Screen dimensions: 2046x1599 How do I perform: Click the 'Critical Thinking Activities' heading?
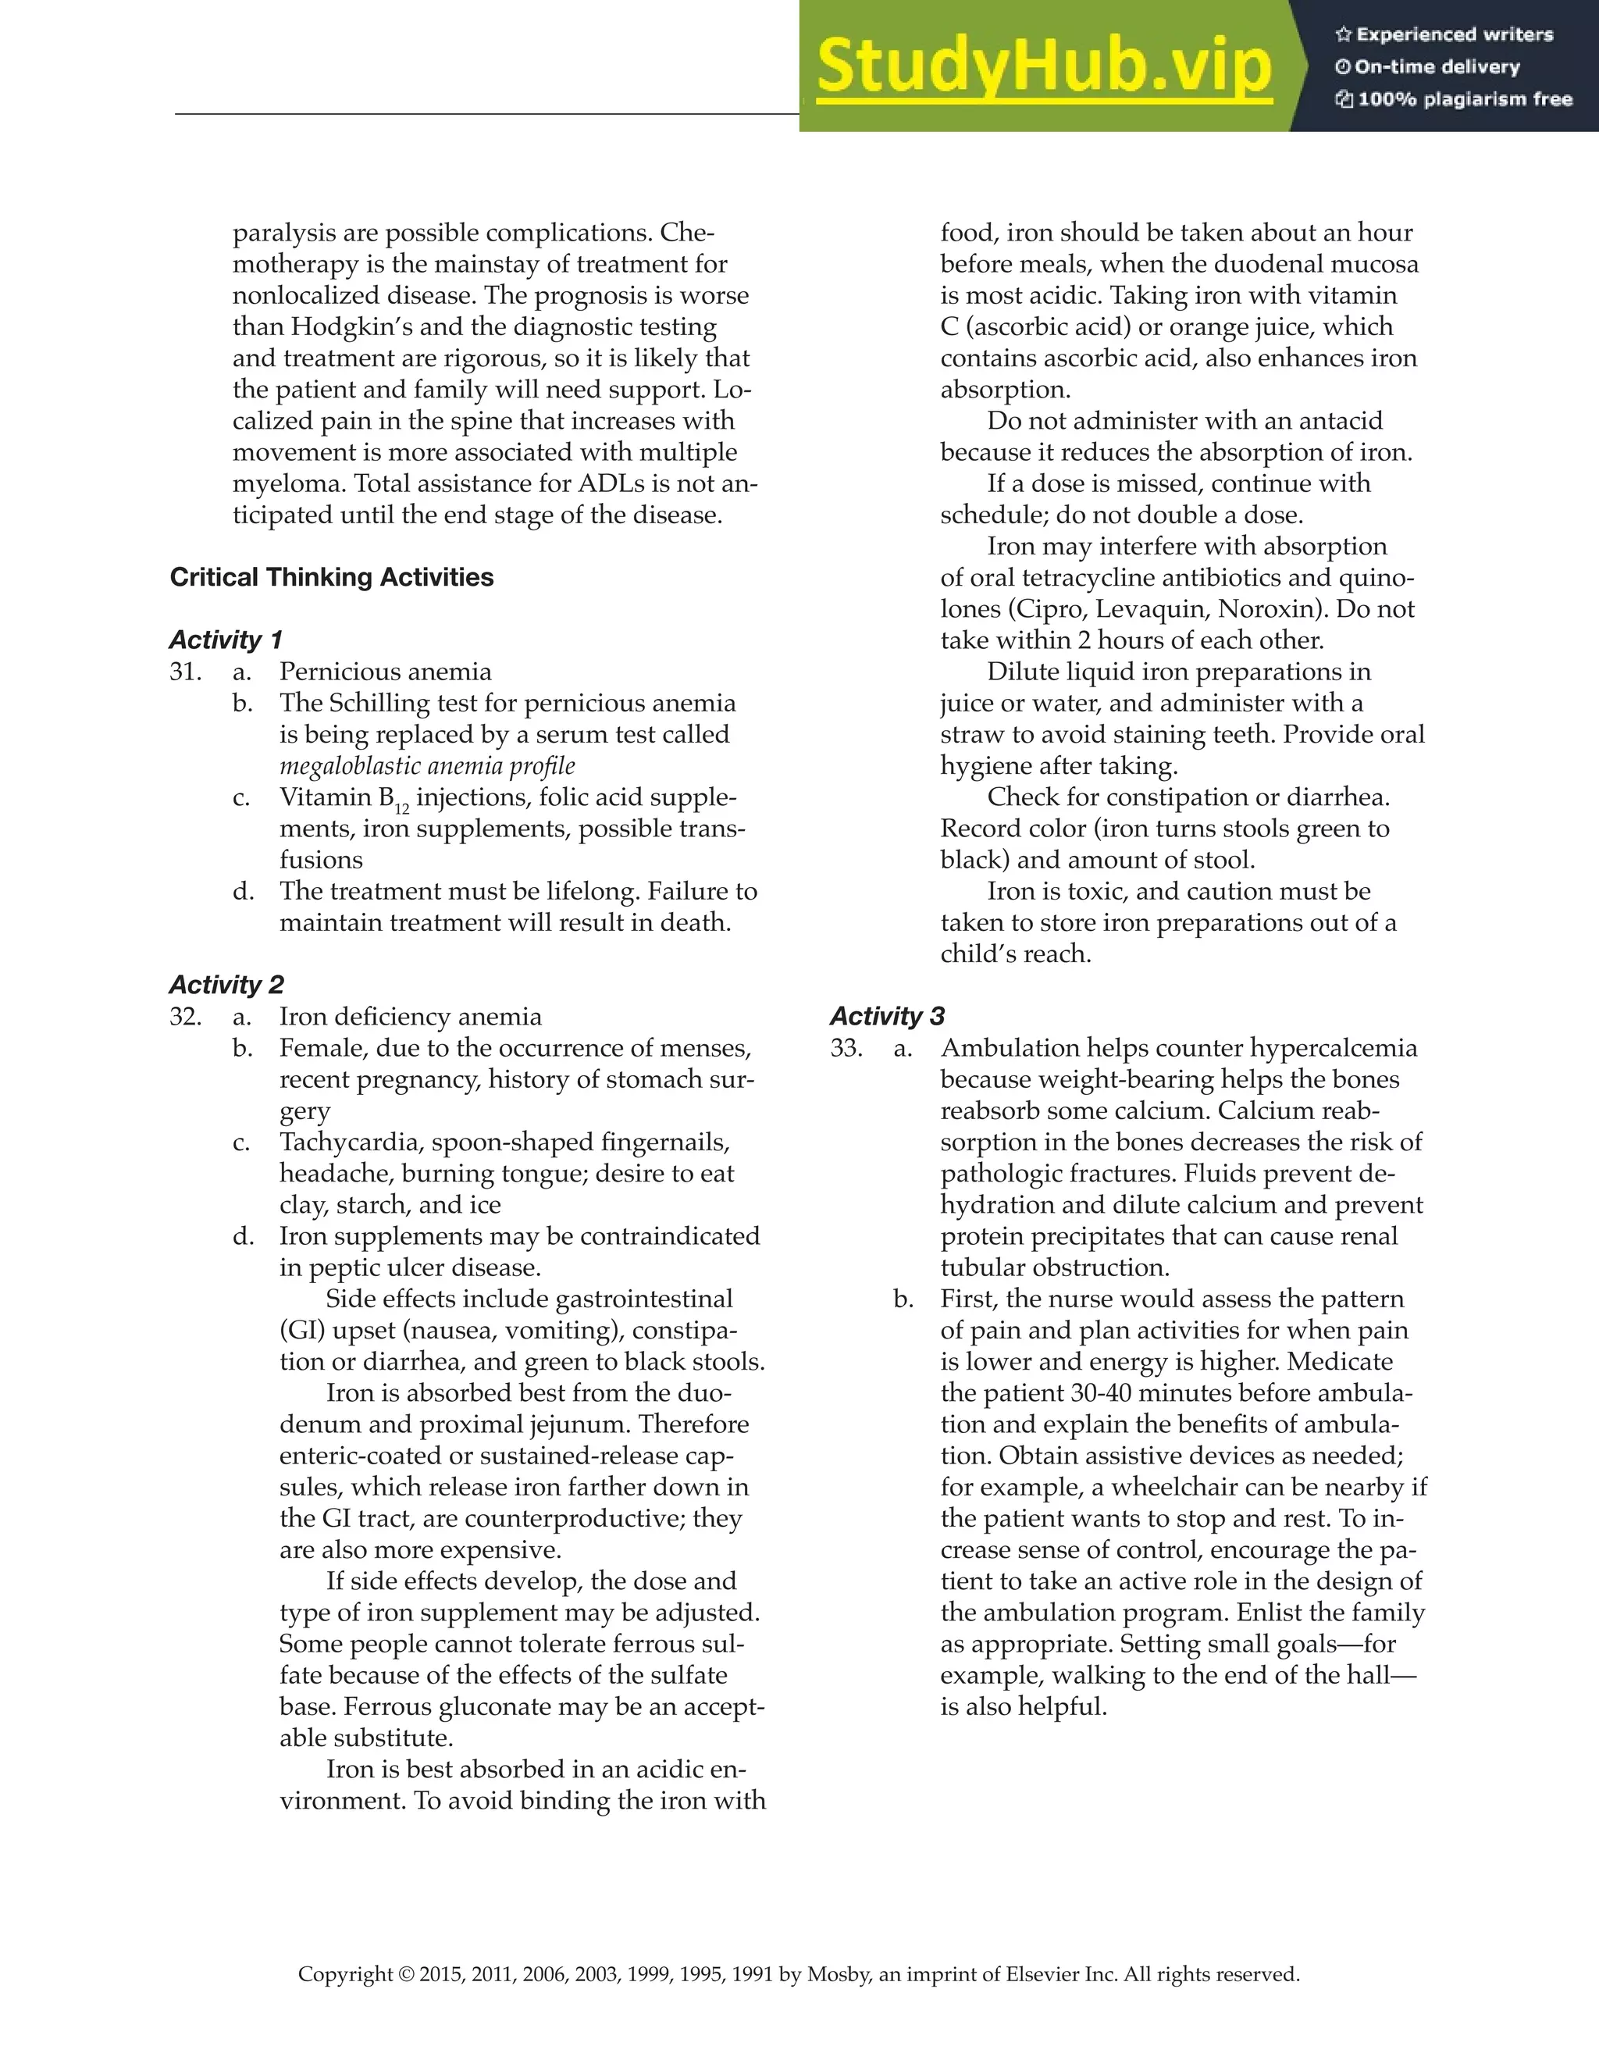pos(332,577)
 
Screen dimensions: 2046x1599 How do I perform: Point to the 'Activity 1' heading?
pos(226,640)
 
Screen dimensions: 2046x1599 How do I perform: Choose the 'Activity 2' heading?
pos(226,985)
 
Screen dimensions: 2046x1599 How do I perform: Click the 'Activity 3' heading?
pos(887,1017)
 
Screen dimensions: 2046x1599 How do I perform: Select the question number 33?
pos(846,1048)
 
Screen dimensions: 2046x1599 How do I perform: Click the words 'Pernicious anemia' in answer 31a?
pos(385,672)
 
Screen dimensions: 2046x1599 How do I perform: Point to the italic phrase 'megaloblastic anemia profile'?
pos(427,766)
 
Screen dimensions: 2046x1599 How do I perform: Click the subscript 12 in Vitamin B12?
pos(402,808)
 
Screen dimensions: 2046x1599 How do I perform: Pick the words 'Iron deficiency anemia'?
pos(410,1017)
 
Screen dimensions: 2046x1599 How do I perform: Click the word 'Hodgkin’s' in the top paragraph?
pos(352,327)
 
